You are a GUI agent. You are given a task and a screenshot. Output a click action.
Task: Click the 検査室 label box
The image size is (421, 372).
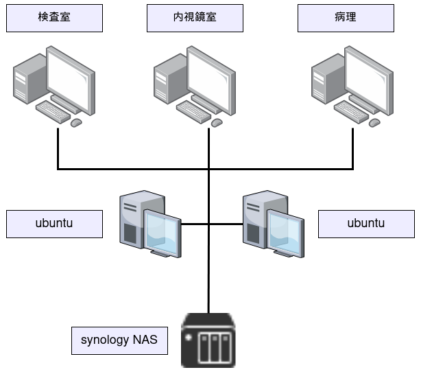pyautogui.click(x=54, y=19)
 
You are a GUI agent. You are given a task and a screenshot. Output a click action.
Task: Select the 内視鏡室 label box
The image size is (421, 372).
pyautogui.click(x=195, y=19)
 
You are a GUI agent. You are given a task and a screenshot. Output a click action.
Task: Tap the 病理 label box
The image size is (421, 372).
pyautogui.click(x=346, y=19)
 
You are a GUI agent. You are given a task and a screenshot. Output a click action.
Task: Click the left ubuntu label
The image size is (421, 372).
pyautogui.click(x=54, y=224)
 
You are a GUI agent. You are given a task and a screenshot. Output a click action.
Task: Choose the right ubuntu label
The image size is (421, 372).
pyautogui.click(x=366, y=224)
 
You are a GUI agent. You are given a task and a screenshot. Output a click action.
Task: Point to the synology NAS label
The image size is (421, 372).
pyautogui.click(x=119, y=340)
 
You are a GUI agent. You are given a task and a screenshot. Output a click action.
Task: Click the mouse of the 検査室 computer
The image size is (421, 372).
pyautogui.click(x=76, y=122)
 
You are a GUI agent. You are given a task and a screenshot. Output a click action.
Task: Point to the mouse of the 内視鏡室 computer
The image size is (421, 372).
pyautogui.click(x=217, y=122)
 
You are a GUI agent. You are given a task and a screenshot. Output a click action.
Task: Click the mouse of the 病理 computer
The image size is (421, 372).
pyautogui.click(x=374, y=122)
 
